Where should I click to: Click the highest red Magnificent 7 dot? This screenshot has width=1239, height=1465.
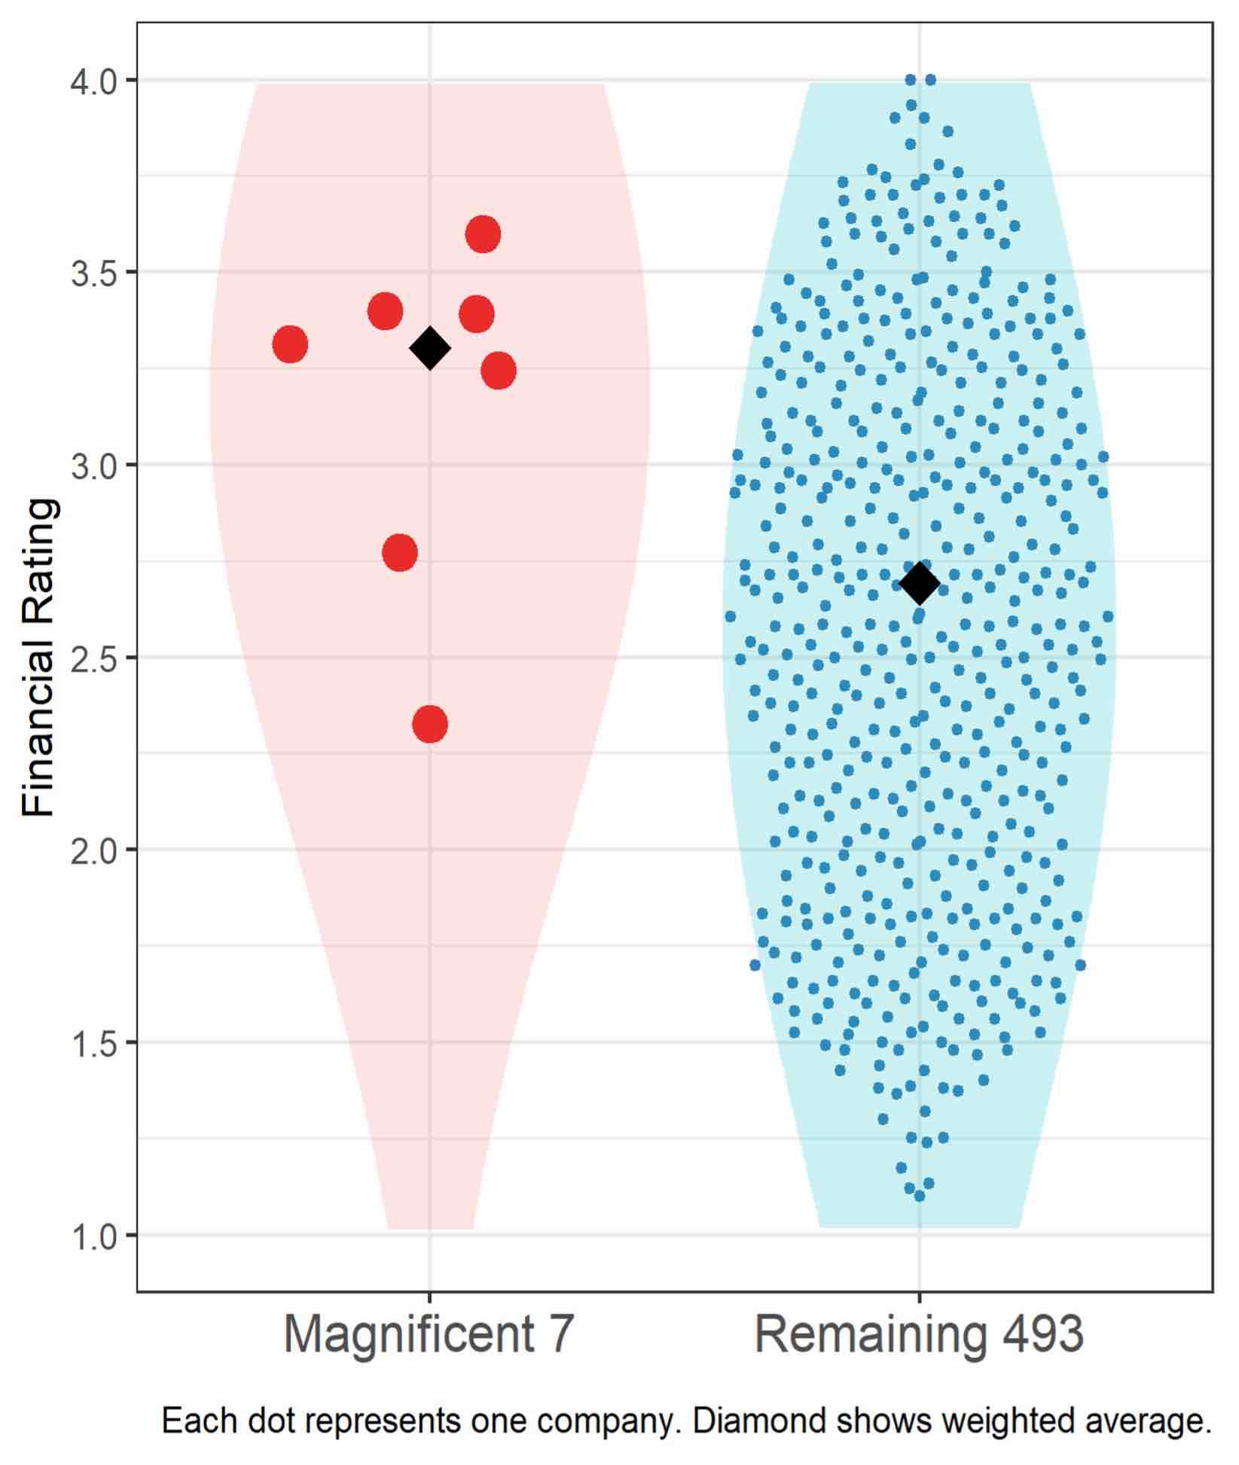point(483,234)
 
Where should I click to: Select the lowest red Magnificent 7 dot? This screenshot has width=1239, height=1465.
point(430,724)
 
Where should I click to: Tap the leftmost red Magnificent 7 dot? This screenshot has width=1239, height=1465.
point(290,344)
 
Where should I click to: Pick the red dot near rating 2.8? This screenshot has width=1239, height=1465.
point(400,552)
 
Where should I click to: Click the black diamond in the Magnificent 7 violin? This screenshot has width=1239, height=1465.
point(430,348)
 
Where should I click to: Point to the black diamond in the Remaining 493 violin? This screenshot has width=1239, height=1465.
point(920,582)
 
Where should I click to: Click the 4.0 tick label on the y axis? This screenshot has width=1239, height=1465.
point(93,80)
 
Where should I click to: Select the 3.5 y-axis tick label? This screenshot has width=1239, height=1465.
point(93,272)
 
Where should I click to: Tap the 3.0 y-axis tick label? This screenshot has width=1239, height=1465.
point(93,465)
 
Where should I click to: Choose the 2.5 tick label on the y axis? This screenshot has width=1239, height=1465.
point(93,658)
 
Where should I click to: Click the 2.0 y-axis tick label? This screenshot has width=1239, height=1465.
point(93,850)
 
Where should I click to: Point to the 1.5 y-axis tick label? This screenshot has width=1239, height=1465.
point(93,1042)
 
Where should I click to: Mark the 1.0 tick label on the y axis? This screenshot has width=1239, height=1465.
point(93,1235)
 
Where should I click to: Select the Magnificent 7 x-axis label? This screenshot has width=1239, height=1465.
point(429,1357)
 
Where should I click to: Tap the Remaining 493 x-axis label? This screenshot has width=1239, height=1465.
point(919,1357)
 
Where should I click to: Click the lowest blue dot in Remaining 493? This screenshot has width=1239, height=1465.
point(920,1195)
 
